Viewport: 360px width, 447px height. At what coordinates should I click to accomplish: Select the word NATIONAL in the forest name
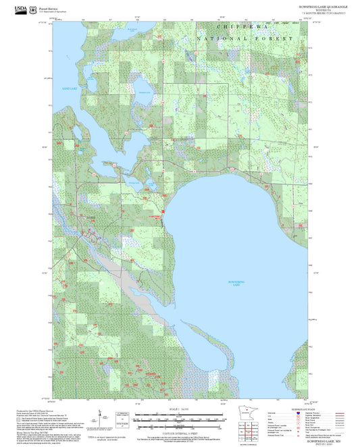[x=221, y=40]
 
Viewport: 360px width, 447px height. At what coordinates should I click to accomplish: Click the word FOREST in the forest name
[x=277, y=40]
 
